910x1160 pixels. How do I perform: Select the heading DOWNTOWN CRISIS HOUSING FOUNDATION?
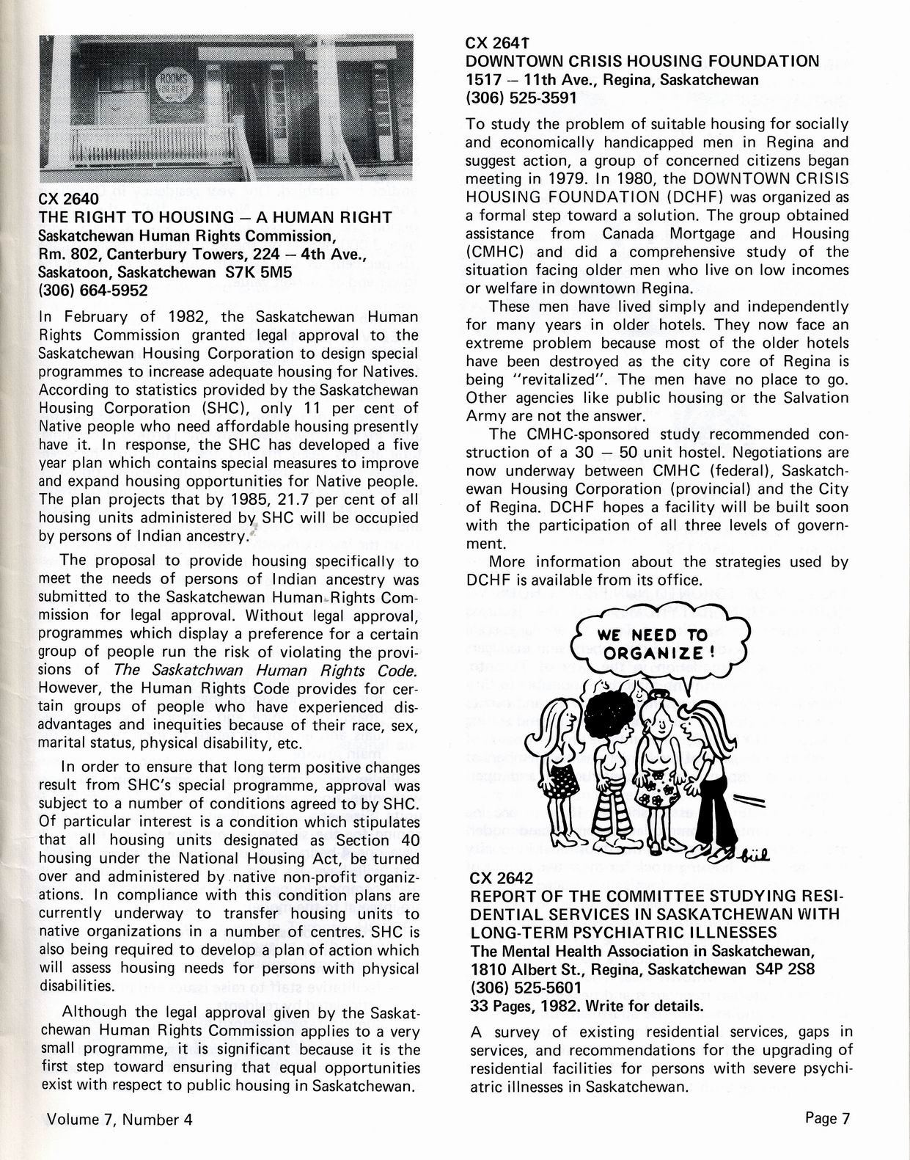(x=642, y=61)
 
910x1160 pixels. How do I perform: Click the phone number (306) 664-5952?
(x=93, y=290)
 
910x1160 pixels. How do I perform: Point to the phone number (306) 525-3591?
(x=521, y=97)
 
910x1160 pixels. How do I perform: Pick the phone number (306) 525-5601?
(x=521, y=988)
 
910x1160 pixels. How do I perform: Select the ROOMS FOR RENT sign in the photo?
(x=174, y=86)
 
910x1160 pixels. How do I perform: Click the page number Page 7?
(x=826, y=1118)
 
